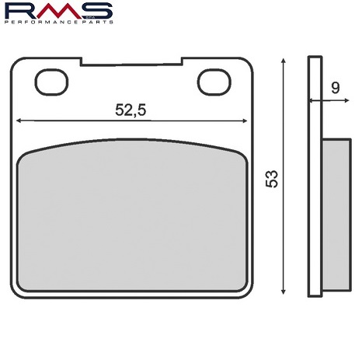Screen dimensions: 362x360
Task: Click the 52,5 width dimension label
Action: [x=131, y=110]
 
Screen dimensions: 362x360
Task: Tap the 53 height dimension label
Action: [x=272, y=179]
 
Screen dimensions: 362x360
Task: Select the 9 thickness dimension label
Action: [x=335, y=89]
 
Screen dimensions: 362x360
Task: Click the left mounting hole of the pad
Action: [x=51, y=82]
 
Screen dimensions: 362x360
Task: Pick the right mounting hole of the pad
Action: [x=214, y=82]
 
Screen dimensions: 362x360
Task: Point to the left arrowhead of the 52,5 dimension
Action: [x=19, y=121]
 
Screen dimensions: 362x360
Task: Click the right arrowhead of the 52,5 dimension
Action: [x=245, y=121]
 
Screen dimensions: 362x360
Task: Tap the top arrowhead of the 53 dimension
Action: [x=284, y=61]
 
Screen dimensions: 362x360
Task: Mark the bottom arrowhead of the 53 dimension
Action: [x=284, y=292]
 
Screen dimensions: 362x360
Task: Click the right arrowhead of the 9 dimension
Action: [x=347, y=100]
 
